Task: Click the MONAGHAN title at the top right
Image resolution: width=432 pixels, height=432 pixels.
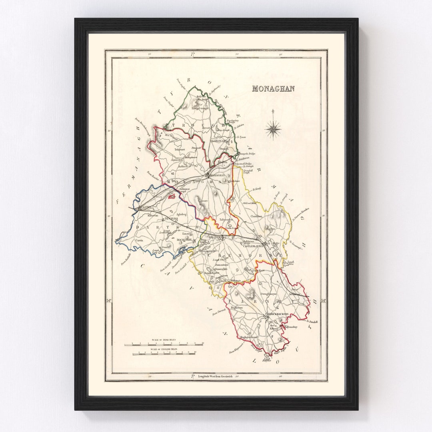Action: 273,88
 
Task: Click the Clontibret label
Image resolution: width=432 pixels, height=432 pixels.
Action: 256,216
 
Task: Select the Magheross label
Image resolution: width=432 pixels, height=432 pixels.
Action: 236,308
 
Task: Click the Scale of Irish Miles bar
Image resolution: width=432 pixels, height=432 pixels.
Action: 164,344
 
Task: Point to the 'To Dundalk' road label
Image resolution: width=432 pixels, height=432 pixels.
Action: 312,321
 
